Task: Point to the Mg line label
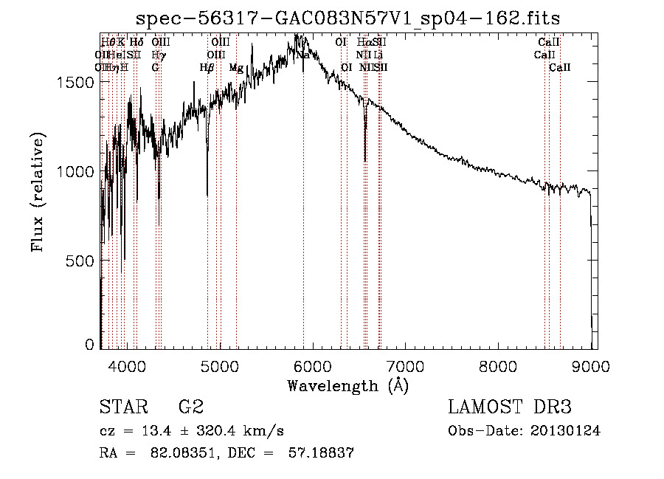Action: coord(236,68)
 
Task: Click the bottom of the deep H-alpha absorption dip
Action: coord(365,159)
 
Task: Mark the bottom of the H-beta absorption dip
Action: coord(207,195)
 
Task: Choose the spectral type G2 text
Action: coord(191,407)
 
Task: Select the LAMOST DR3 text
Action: coord(510,407)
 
